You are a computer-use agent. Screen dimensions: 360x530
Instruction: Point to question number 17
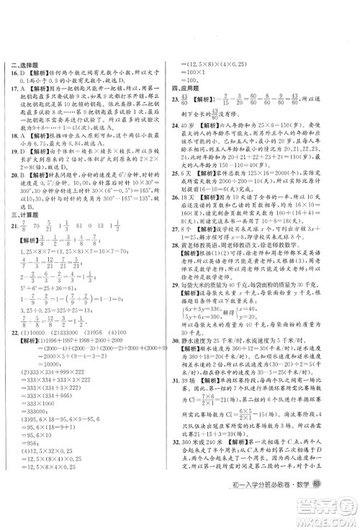coord(16,90)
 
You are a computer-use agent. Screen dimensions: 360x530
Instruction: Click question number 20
coord(16,210)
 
